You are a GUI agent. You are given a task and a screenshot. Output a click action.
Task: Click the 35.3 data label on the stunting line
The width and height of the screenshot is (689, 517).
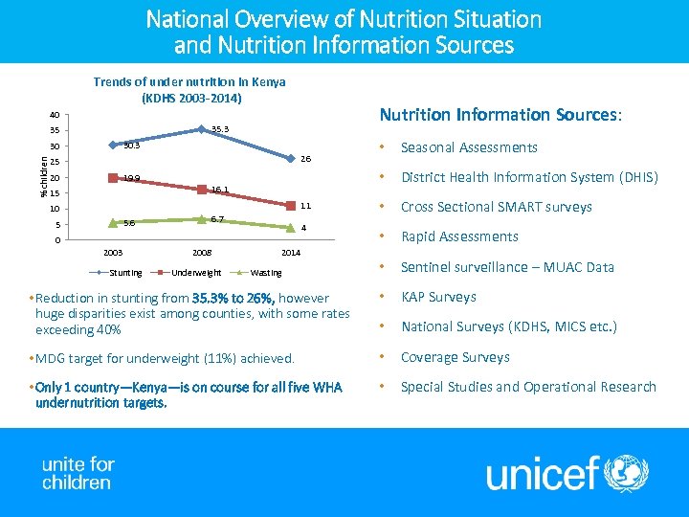click(x=220, y=128)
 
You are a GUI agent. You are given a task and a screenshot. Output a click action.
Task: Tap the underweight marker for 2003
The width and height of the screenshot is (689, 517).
click(x=112, y=178)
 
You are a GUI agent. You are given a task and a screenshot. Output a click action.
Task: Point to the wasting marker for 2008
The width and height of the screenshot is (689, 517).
click(x=201, y=219)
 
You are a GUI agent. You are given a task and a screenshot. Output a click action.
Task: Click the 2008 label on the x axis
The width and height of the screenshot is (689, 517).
click(x=201, y=253)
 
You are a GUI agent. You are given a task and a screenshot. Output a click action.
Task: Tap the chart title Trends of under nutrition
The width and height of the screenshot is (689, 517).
click(x=189, y=89)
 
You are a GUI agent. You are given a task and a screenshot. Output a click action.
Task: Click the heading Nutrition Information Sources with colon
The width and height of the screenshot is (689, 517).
click(x=500, y=115)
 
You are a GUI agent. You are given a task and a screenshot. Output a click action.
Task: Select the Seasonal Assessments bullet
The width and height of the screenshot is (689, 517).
click(x=469, y=147)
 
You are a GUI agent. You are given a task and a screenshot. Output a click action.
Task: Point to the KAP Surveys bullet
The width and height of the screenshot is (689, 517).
click(x=438, y=297)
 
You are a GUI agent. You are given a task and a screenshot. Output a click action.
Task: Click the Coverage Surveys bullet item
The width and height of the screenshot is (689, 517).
click(x=455, y=357)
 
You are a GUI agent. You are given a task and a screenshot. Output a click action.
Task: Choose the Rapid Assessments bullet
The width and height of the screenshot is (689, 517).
click(x=459, y=236)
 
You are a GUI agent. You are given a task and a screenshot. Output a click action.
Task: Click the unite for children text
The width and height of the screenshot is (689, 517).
click(x=78, y=474)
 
